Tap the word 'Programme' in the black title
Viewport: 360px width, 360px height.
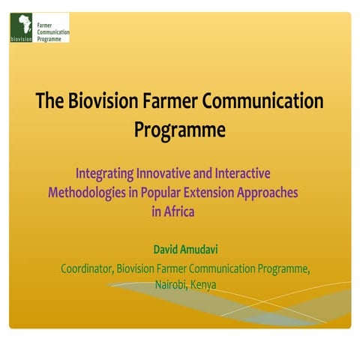tap(180, 129)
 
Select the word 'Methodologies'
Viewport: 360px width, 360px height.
tap(85, 192)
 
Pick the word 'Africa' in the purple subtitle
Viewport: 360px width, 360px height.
tap(180, 211)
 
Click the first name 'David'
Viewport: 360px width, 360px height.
tap(169, 248)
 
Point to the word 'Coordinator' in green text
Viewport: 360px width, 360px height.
tap(85, 268)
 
